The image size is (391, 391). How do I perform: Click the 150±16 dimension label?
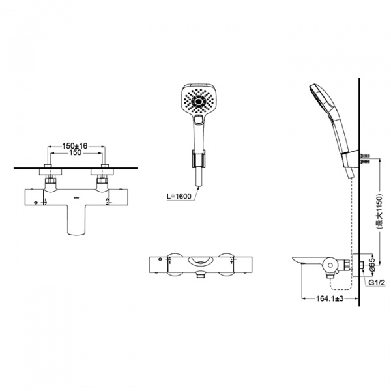(75, 145)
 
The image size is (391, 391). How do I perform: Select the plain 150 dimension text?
(76, 152)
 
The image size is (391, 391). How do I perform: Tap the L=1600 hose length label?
(179, 197)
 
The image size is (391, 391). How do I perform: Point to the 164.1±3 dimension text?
(330, 298)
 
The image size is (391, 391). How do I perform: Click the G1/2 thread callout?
(377, 283)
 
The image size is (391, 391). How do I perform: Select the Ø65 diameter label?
(372, 265)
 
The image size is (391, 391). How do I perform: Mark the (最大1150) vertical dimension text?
(379, 211)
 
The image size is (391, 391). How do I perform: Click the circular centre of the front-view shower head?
(199, 102)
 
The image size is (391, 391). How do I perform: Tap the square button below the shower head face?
(199, 119)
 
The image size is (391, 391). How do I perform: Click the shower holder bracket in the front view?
(199, 158)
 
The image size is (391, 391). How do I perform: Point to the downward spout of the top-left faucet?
(76, 220)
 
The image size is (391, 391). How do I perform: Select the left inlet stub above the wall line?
(48, 166)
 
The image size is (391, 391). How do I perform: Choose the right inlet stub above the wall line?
(105, 166)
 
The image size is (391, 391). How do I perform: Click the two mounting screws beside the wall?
(364, 158)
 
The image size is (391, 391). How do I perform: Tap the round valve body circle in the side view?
(330, 265)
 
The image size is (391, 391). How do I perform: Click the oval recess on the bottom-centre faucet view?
(201, 261)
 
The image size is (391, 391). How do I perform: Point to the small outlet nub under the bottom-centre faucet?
(200, 276)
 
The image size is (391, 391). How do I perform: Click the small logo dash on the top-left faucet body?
(76, 198)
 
